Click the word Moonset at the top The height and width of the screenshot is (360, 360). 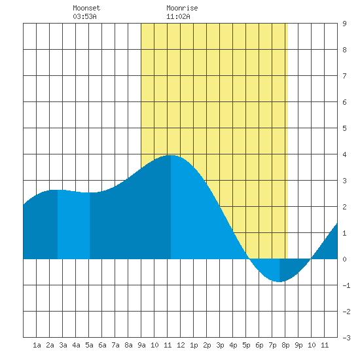pyautogui.click(x=86, y=8)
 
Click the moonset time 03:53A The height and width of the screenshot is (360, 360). pyautogui.click(x=84, y=16)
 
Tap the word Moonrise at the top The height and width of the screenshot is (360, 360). pyautogui.click(x=182, y=8)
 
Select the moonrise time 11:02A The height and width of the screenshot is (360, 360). pyautogui.click(x=178, y=16)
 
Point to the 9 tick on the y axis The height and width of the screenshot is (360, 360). pyautogui.click(x=344, y=24)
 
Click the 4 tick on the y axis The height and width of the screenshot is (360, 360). pyautogui.click(x=344, y=154)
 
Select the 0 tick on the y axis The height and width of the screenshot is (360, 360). pyautogui.click(x=344, y=259)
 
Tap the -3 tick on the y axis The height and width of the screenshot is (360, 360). pyautogui.click(x=346, y=338)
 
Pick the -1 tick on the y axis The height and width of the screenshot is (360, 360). pyautogui.click(x=346, y=285)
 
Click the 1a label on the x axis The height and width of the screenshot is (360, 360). pyautogui.click(x=37, y=345)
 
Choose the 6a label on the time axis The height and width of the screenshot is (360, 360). pyautogui.click(x=102, y=345)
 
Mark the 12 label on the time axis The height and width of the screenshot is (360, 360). pyautogui.click(x=181, y=345)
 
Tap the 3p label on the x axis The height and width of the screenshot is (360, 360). pyautogui.click(x=220, y=345)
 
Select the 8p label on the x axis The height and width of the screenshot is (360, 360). pyautogui.click(x=285, y=345)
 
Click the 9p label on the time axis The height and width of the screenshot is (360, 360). pyautogui.click(x=298, y=345)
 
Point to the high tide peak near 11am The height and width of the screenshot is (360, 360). pyautogui.click(x=171, y=155)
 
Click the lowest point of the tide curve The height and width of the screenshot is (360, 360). pyautogui.click(x=279, y=281)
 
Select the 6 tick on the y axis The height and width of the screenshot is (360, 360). pyautogui.click(x=344, y=102)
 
